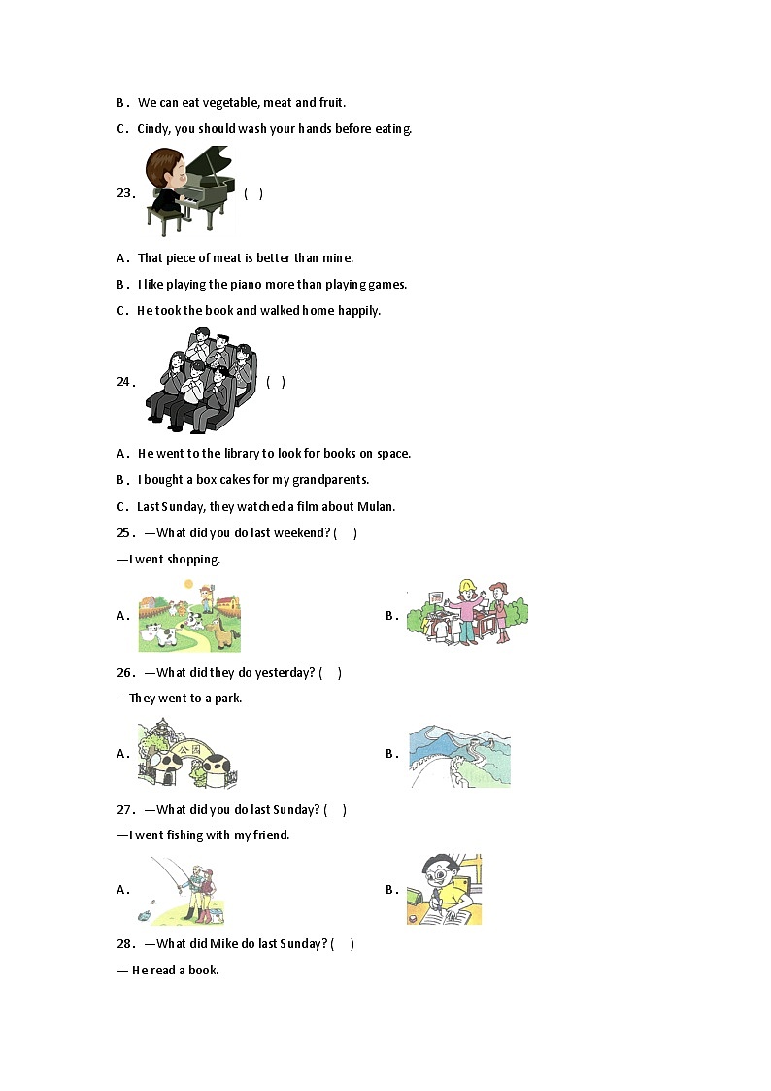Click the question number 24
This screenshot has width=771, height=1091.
click(125, 381)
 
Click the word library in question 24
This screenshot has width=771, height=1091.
click(241, 453)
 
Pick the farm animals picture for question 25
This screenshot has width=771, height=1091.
click(189, 617)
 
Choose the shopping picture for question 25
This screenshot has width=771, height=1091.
click(467, 612)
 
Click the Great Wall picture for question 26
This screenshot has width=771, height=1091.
click(459, 756)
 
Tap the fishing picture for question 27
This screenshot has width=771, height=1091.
click(186, 891)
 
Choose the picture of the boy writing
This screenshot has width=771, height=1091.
click(444, 889)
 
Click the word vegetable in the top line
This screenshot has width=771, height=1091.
click(230, 103)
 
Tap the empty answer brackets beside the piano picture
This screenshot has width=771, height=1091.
click(253, 193)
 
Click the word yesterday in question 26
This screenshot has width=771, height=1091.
click(285, 673)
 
